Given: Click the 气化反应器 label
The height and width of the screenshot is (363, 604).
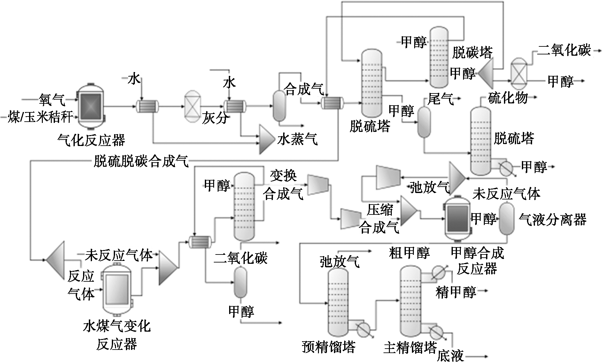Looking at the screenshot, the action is (x=91, y=140).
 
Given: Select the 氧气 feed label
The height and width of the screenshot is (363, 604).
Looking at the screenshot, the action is (x=52, y=100).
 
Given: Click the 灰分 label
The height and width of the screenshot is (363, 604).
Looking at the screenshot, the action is (x=215, y=118).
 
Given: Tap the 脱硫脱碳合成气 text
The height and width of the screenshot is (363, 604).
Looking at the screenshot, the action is (x=141, y=161).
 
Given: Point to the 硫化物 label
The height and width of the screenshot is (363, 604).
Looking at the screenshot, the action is (x=508, y=98).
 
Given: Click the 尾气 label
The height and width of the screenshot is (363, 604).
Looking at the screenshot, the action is (x=441, y=100).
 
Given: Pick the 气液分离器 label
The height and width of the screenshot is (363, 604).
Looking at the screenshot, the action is (x=553, y=220).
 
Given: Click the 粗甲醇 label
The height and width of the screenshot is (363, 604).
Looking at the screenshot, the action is (x=409, y=253).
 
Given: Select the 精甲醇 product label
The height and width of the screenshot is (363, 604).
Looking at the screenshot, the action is (x=456, y=292).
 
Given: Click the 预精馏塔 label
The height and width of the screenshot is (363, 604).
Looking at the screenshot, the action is (x=329, y=347).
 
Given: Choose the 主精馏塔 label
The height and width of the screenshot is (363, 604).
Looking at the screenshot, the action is (x=410, y=347).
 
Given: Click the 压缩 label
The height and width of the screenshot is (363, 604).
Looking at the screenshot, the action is (x=380, y=210).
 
